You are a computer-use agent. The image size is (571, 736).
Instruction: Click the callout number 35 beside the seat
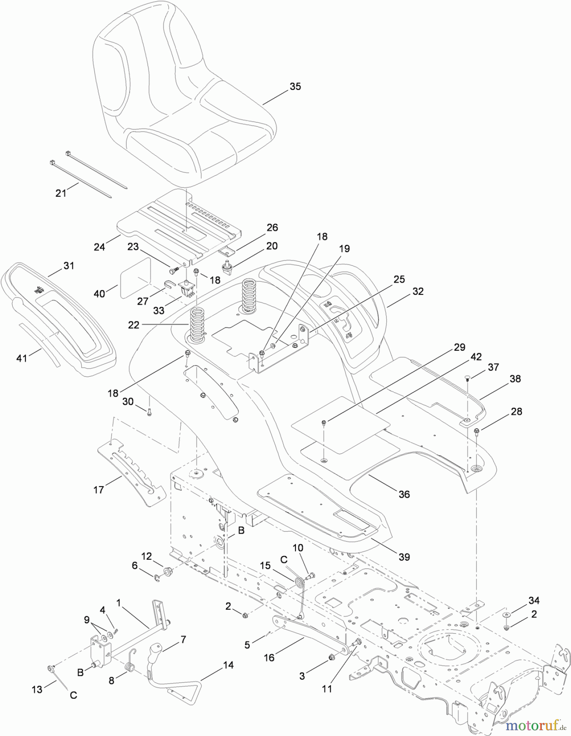tap(295, 86)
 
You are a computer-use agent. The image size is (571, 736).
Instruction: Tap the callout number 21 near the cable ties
tap(61, 193)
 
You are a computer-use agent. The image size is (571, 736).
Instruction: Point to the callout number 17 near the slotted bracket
tap(99, 489)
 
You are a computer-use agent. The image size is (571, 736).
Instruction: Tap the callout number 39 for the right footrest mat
tap(404, 556)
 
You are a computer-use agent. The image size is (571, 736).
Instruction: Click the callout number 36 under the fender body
tap(404, 494)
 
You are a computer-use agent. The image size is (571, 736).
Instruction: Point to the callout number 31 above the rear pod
tap(69, 265)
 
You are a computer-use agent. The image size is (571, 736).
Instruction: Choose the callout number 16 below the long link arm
tap(269, 657)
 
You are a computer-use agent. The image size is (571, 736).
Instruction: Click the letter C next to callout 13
tap(73, 695)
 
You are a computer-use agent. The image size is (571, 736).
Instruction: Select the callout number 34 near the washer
tap(534, 600)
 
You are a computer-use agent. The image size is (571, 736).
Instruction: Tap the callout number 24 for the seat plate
tap(99, 247)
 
